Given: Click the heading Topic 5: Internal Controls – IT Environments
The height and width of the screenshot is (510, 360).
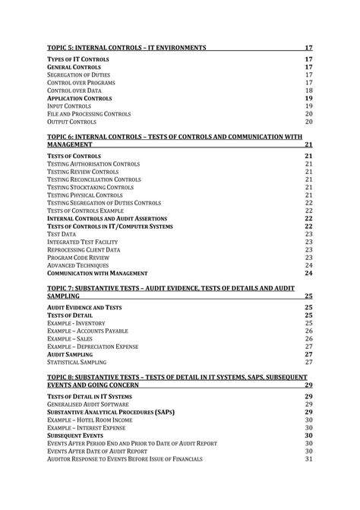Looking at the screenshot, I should click(x=127, y=48).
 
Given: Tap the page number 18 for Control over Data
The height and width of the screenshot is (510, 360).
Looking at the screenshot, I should click(x=308, y=90).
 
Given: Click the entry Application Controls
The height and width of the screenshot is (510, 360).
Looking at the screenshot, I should click(x=79, y=99).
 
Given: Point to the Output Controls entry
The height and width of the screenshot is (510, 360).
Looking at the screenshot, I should click(x=71, y=122).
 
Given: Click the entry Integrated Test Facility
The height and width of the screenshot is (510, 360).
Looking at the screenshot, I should click(x=84, y=242).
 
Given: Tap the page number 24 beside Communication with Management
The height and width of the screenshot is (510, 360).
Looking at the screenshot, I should click(x=308, y=273).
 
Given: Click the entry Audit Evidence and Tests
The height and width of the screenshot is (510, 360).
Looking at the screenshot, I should click(x=84, y=307).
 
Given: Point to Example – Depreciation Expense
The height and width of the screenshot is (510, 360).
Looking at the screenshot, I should click(x=93, y=347).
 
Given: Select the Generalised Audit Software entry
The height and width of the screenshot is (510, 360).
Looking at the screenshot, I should click(x=90, y=404).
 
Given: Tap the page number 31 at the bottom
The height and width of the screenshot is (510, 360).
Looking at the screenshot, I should click(x=308, y=459).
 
